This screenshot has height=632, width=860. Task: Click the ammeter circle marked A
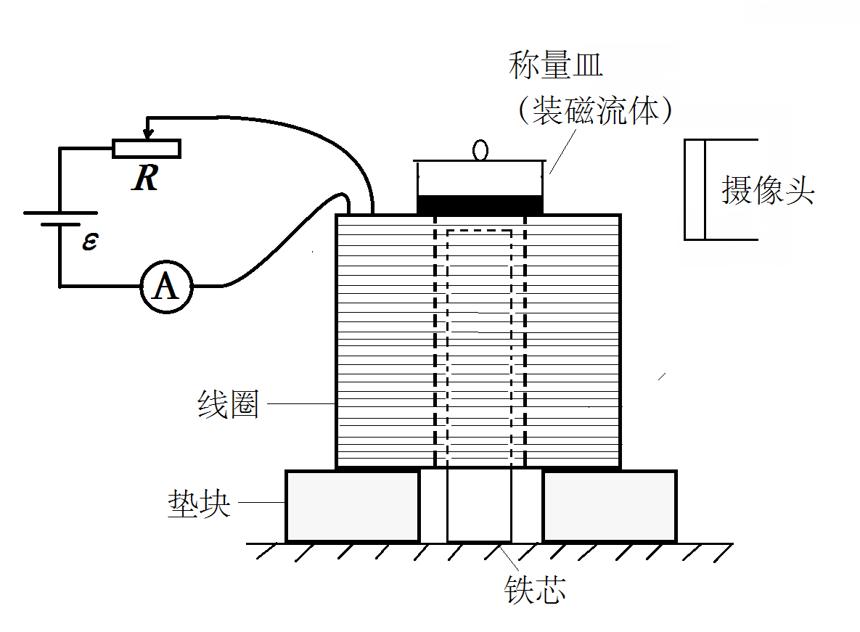coord(166,287)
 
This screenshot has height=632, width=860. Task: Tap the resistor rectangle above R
coord(146,148)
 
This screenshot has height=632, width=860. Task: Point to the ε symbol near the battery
coord(89,241)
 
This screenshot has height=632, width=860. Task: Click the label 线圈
coord(228,405)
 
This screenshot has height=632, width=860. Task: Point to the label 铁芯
coord(535,591)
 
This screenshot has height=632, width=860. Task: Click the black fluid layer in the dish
coord(480,205)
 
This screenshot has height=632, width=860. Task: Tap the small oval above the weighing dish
coord(480,150)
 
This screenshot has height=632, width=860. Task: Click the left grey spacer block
coord(353,506)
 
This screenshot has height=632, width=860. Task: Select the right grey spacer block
coord(610,506)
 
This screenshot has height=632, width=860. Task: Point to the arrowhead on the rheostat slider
coord(148,134)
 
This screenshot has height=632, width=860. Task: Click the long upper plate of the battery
coord(60,213)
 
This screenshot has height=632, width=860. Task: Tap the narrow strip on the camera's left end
coord(695,189)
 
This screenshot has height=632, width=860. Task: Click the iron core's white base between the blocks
coord(479,506)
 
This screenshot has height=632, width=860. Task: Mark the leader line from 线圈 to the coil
coord(298,403)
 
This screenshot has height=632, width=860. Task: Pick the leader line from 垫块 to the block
coord(261,502)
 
